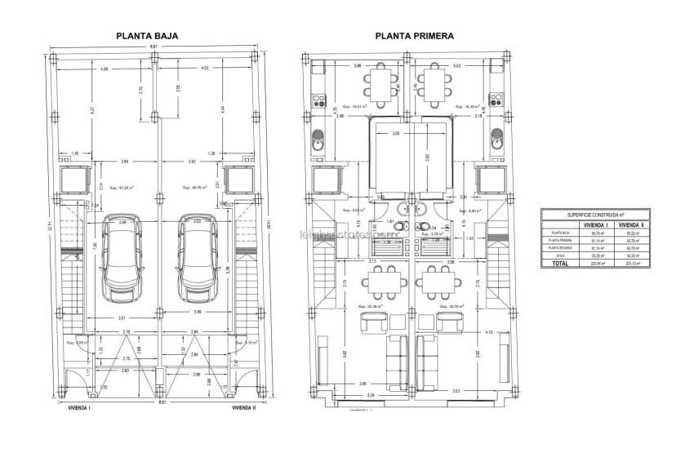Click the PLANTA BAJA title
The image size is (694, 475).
[147, 36]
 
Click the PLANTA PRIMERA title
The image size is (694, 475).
[414, 36]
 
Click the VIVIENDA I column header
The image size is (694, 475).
[594, 224]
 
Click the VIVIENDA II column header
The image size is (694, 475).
[631, 224]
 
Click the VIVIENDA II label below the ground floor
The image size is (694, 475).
[243, 406]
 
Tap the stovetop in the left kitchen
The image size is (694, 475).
[317, 102]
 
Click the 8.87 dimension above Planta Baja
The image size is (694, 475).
[153, 47]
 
